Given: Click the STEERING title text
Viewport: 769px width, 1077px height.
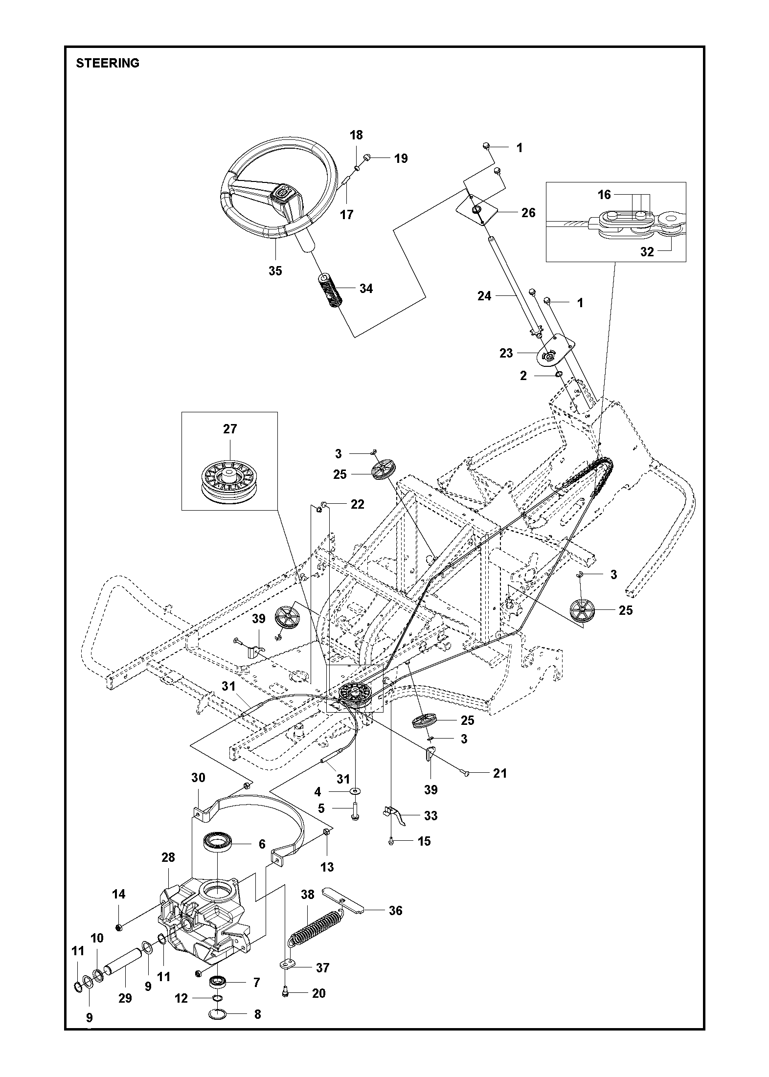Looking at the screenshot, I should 108,63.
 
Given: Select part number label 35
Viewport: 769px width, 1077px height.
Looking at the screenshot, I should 275,270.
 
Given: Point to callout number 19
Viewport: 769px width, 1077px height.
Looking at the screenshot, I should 401,158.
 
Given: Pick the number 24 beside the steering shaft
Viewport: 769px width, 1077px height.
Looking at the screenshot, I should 484,295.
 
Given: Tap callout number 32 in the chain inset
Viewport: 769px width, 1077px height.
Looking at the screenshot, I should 647,252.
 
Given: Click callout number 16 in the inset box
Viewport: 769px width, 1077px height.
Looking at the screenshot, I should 604,195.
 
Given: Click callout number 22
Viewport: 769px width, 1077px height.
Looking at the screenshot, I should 357,504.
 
